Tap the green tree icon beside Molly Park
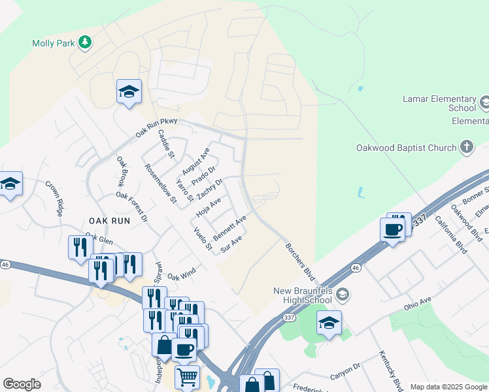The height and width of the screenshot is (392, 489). (84, 43)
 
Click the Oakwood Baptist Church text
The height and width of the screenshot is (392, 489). (406, 148)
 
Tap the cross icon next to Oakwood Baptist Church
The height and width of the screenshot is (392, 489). (466, 147)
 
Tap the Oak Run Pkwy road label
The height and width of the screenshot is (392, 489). (158, 124)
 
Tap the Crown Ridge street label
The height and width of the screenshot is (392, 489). (54, 199)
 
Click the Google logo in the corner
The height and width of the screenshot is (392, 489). (22, 384)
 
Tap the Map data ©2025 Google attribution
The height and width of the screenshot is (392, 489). (448, 387)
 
